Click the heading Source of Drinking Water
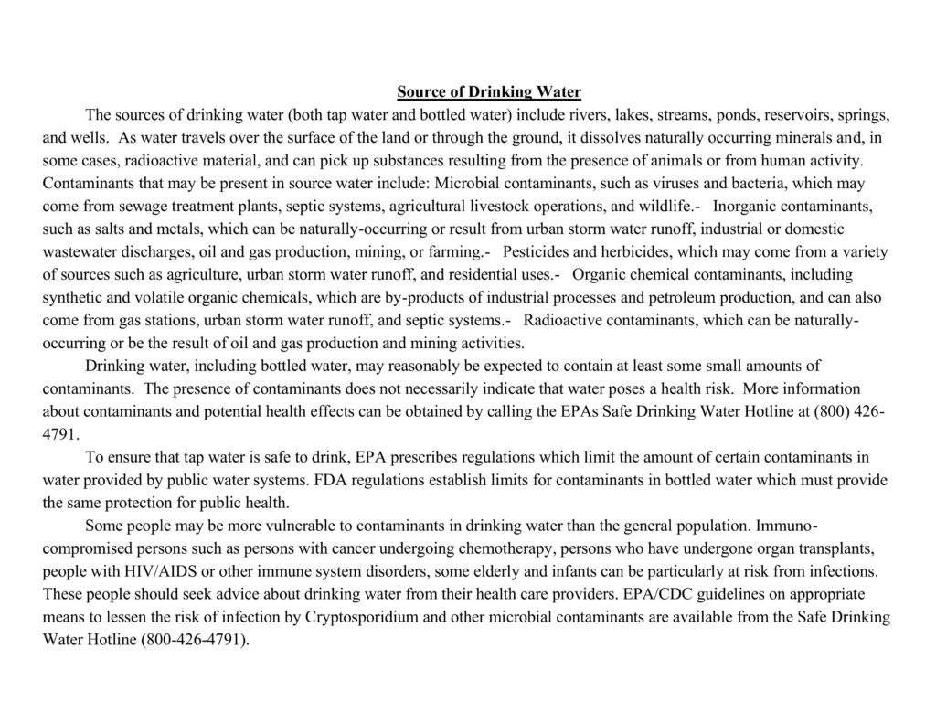click(x=489, y=92)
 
